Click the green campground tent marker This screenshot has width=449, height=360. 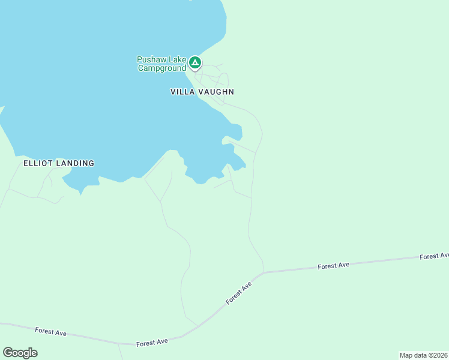click(x=194, y=62)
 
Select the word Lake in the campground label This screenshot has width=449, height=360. click(x=176, y=59)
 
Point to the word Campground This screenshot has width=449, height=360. click(x=162, y=68)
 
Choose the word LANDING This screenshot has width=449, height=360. click(x=75, y=163)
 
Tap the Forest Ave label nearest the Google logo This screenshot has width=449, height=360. click(x=50, y=331)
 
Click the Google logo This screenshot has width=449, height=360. click(x=20, y=353)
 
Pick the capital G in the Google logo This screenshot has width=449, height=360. click(x=7, y=352)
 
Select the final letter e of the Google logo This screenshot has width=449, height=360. click(x=34, y=353)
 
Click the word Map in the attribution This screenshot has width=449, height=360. click(x=406, y=355)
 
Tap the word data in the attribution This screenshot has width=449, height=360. click(x=420, y=355)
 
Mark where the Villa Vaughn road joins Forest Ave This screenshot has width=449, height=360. click(x=264, y=272)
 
